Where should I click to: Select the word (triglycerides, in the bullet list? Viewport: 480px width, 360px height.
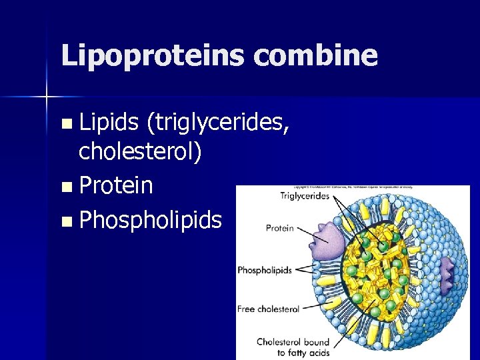pyautogui.click(x=217, y=121)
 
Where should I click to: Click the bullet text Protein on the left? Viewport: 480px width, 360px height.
pyautogui.click(x=116, y=186)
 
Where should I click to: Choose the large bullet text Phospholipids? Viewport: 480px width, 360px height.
pyautogui.click(x=150, y=219)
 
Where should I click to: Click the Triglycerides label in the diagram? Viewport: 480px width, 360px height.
pyautogui.click(x=304, y=196)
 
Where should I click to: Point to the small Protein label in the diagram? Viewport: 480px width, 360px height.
pyautogui.click(x=279, y=228)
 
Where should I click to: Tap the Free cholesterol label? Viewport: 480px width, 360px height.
pyautogui.click(x=268, y=309)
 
